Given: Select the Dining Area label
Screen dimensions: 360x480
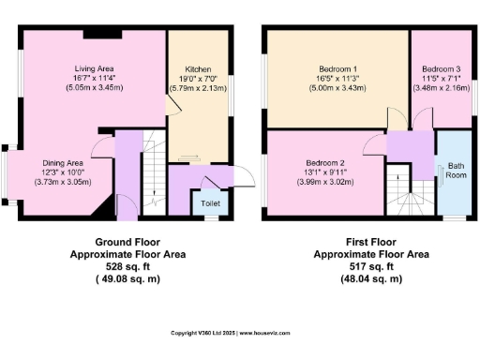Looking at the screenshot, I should pyautogui.click(x=63, y=163).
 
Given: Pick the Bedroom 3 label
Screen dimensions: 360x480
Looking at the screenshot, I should pyautogui.click(x=440, y=69).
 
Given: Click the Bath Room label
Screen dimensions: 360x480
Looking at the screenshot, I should pyautogui.click(x=457, y=170).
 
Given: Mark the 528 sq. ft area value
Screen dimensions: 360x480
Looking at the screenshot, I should pyautogui.click(x=127, y=265).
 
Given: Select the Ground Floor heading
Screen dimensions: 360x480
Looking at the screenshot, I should pyautogui.click(x=127, y=242).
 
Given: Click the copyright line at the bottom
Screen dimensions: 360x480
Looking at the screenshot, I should pyautogui.click(x=239, y=332).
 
